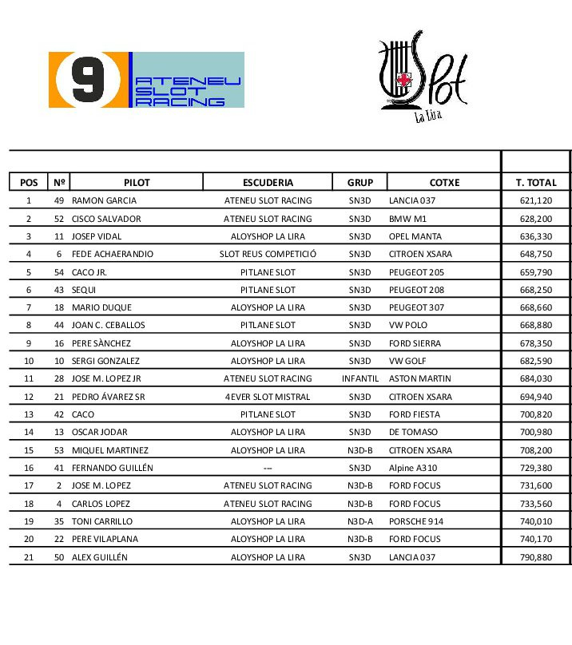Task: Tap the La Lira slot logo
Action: tap(422, 76)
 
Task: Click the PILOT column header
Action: tap(137, 183)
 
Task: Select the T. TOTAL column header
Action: tap(536, 183)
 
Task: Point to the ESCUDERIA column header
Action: tap(268, 183)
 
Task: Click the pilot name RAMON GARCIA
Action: tap(104, 201)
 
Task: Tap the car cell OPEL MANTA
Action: tap(415, 236)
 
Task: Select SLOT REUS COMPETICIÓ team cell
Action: tap(268, 254)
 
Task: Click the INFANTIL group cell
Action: tap(360, 378)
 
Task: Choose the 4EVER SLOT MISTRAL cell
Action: tap(268, 397)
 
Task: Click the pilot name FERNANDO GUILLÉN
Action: tap(112, 468)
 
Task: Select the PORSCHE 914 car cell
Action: tap(415, 521)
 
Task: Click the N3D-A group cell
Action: tap(360, 521)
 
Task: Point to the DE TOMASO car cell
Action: tap(413, 432)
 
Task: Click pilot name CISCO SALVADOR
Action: tap(106, 219)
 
